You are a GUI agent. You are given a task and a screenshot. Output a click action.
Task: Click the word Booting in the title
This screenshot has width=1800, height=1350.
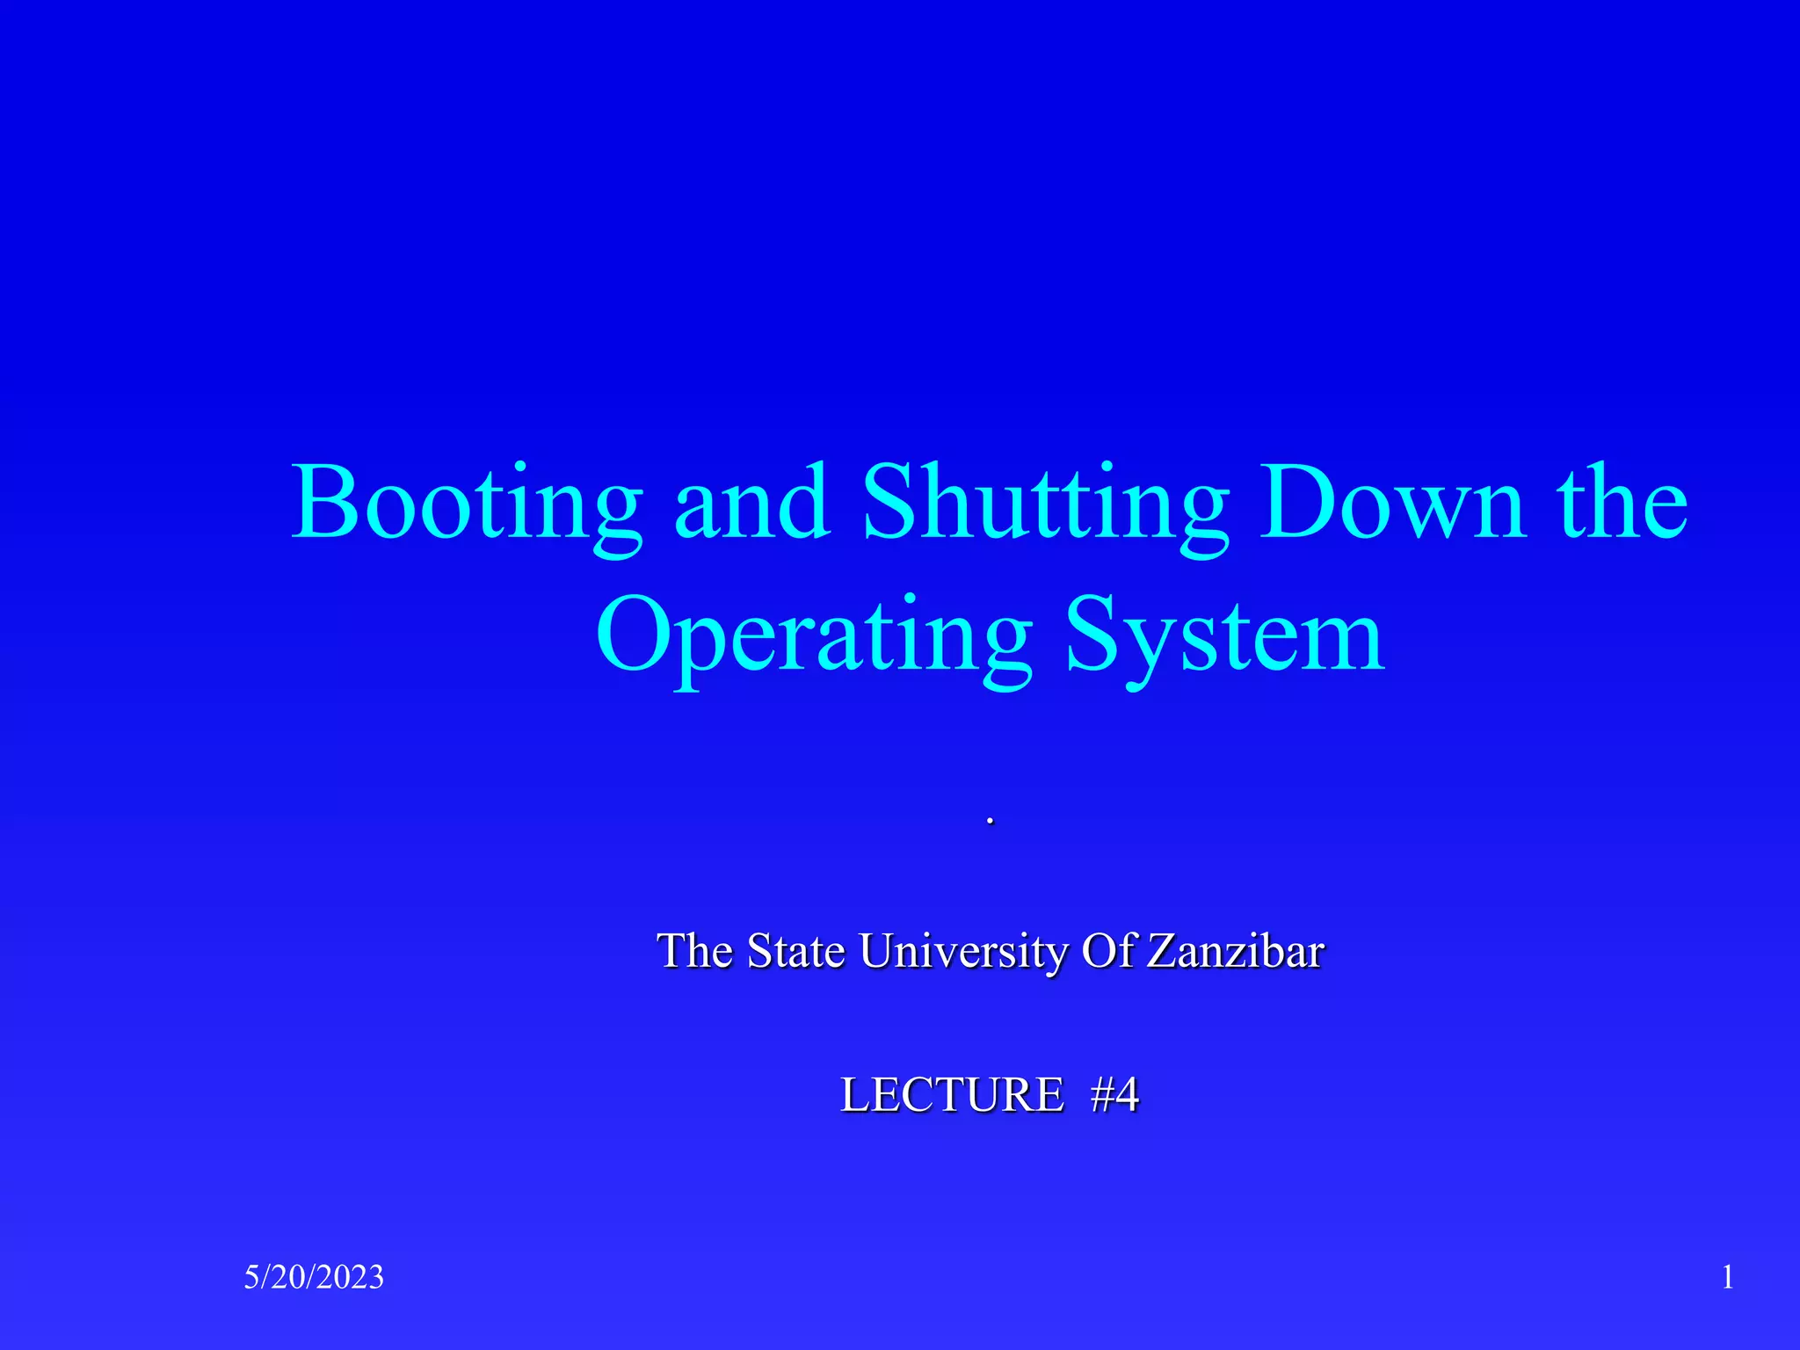coord(466,505)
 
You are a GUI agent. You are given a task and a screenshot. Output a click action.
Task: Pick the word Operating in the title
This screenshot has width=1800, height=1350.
coord(813,637)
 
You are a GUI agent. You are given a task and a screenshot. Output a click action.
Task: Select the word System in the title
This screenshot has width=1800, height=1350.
coord(1225,637)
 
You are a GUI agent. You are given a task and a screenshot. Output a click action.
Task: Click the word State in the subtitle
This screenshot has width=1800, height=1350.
coord(795,951)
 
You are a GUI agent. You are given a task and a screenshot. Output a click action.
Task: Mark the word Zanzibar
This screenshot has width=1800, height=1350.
coord(1235,951)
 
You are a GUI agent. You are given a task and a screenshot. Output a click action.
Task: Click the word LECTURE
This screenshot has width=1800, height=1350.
coord(952,1095)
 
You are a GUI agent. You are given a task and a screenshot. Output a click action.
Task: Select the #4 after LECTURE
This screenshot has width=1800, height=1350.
coord(1114,1095)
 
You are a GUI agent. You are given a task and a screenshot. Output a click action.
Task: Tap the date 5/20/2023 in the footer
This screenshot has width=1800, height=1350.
coord(314,1277)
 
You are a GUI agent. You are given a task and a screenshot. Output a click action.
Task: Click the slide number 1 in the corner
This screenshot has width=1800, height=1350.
coord(1727,1277)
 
